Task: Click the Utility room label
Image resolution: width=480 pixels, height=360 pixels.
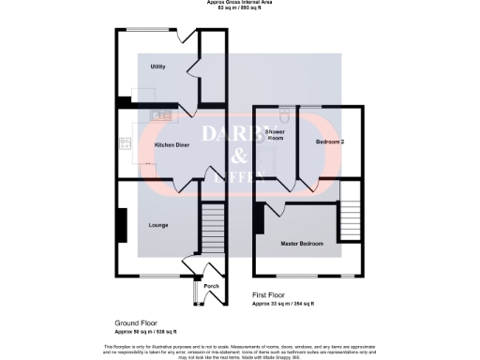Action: pos(157,67)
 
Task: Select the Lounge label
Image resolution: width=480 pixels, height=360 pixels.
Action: pos(157,225)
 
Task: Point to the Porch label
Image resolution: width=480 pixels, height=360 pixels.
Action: pos(211,286)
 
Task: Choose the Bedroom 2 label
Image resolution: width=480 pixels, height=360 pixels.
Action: pos(329,142)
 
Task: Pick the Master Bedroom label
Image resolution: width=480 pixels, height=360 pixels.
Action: pos(302,243)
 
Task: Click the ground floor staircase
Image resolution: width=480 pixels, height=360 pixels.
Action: pos(212,229)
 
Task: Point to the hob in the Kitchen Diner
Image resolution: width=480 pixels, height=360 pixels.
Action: pos(124,144)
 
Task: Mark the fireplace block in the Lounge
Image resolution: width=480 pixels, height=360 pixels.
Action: pos(122,225)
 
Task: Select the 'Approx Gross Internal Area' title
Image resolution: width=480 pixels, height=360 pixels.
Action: pos(239,3)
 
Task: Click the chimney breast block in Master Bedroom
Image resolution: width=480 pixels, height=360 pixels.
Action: pos(259,218)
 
